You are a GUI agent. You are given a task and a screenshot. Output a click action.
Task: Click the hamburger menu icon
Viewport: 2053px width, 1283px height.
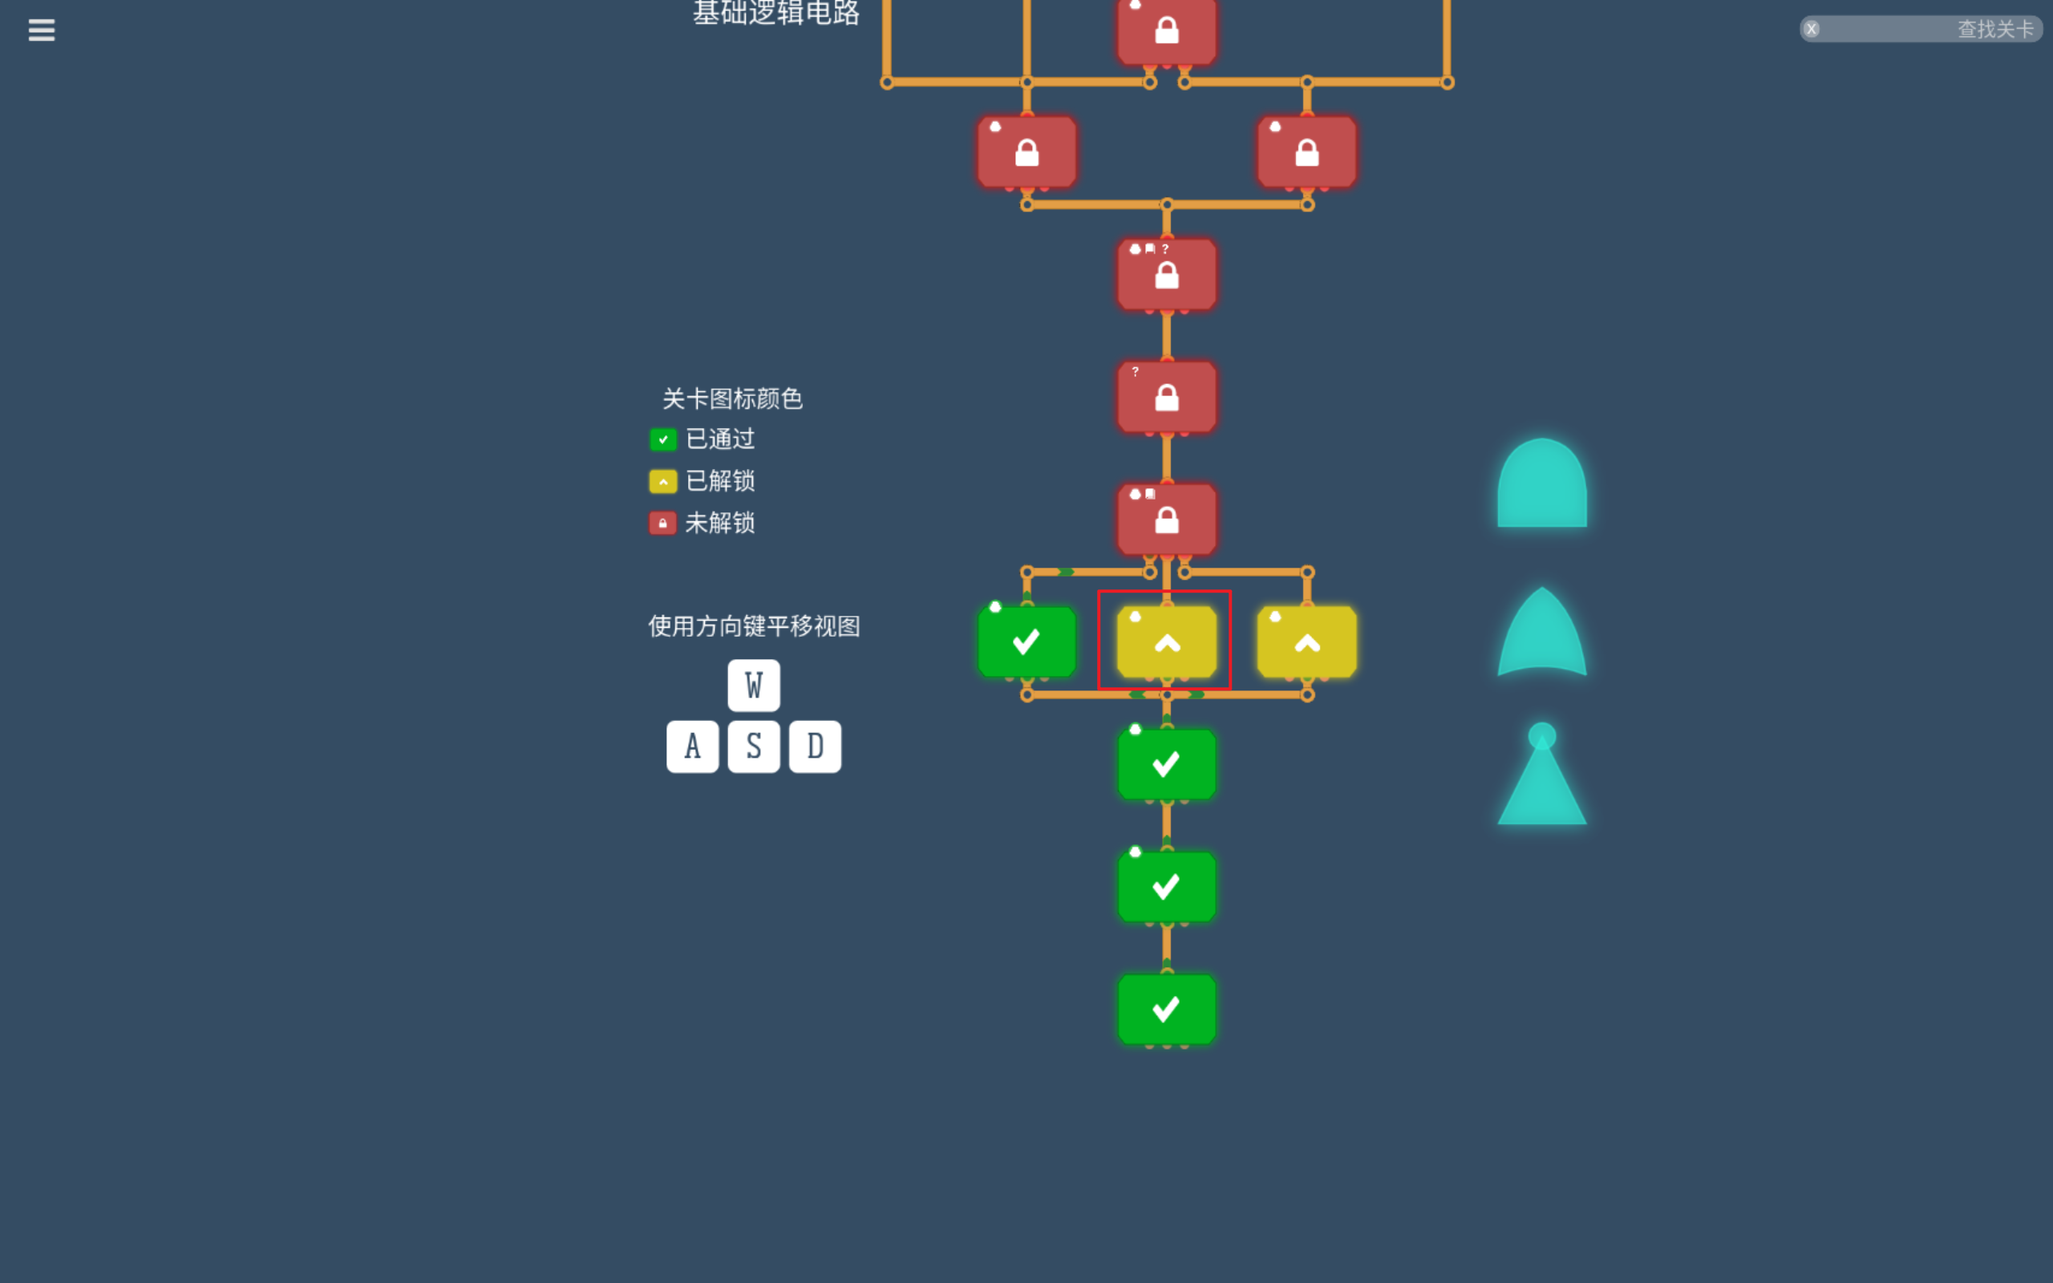pos(42,30)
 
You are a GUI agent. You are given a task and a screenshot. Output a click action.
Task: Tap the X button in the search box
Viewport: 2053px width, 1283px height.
pos(1812,30)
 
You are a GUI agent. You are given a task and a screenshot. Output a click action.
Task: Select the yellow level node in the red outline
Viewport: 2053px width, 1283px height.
pos(1167,642)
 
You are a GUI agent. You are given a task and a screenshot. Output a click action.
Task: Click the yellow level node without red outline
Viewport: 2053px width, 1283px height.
pos(1306,642)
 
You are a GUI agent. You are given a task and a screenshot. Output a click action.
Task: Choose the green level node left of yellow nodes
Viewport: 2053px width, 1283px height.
pos(1026,642)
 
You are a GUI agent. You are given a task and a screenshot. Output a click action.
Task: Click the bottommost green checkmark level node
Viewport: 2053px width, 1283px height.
pos(1167,1009)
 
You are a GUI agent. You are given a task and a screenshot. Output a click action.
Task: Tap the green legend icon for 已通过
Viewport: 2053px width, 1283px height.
pos(662,439)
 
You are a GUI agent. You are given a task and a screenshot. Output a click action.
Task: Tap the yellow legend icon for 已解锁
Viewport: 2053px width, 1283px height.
pos(662,481)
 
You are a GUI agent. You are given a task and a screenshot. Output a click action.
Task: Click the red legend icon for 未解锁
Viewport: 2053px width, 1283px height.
pos(662,523)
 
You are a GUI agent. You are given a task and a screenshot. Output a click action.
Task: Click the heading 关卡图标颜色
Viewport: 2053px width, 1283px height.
pos(732,399)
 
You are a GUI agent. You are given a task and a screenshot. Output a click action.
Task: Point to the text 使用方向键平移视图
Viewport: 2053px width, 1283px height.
pos(754,626)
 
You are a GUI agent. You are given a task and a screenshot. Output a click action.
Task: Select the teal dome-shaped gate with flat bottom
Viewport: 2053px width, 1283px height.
pos(1541,485)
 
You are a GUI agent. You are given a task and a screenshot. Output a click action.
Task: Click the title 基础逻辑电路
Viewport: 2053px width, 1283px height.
pos(776,13)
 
